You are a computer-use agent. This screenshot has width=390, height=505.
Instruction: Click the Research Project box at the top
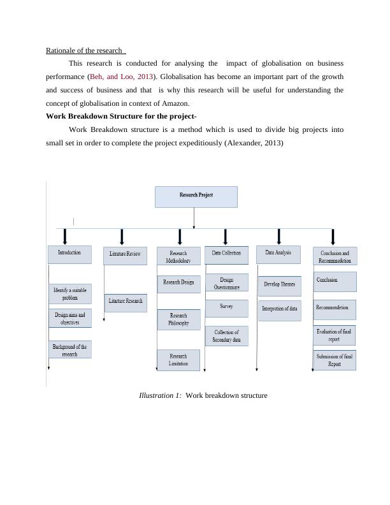click(x=196, y=196)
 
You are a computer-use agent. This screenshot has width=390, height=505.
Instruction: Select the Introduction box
click(x=69, y=253)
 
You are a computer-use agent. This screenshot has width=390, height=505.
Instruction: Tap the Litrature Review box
click(x=125, y=255)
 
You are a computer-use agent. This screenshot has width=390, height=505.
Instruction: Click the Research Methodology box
click(x=178, y=256)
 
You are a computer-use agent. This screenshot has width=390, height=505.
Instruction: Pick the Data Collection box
click(x=226, y=254)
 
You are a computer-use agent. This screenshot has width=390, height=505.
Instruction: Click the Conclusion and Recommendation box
click(x=335, y=256)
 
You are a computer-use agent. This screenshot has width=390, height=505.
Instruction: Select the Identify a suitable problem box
click(x=70, y=293)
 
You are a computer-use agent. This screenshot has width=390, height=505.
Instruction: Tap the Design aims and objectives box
click(x=70, y=318)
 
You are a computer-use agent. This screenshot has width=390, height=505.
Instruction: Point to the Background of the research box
click(x=70, y=349)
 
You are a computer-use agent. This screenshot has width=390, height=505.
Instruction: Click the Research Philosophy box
click(x=178, y=319)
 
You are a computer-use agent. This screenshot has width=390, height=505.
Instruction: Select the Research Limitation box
click(x=178, y=360)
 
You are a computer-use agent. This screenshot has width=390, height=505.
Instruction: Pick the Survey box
click(x=226, y=307)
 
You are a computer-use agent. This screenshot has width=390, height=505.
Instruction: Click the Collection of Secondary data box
click(x=226, y=336)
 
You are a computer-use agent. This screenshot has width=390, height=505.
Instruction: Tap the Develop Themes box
click(x=278, y=286)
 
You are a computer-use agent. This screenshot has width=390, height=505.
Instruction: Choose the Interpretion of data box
click(x=279, y=309)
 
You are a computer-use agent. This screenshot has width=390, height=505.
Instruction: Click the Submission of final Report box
click(x=335, y=360)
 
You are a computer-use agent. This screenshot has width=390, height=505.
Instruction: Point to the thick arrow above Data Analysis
click(x=278, y=236)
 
